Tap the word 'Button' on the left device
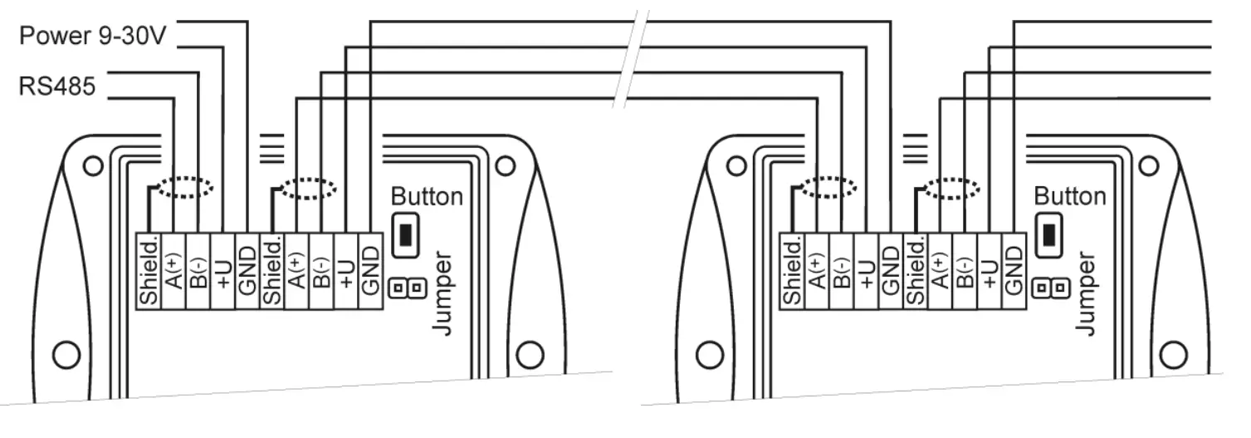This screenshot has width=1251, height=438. pos(427,197)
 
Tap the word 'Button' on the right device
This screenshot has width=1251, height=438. pos(1070,197)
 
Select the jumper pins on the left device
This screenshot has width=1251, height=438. pos(408,288)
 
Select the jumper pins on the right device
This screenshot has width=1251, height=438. pos(1051,288)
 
